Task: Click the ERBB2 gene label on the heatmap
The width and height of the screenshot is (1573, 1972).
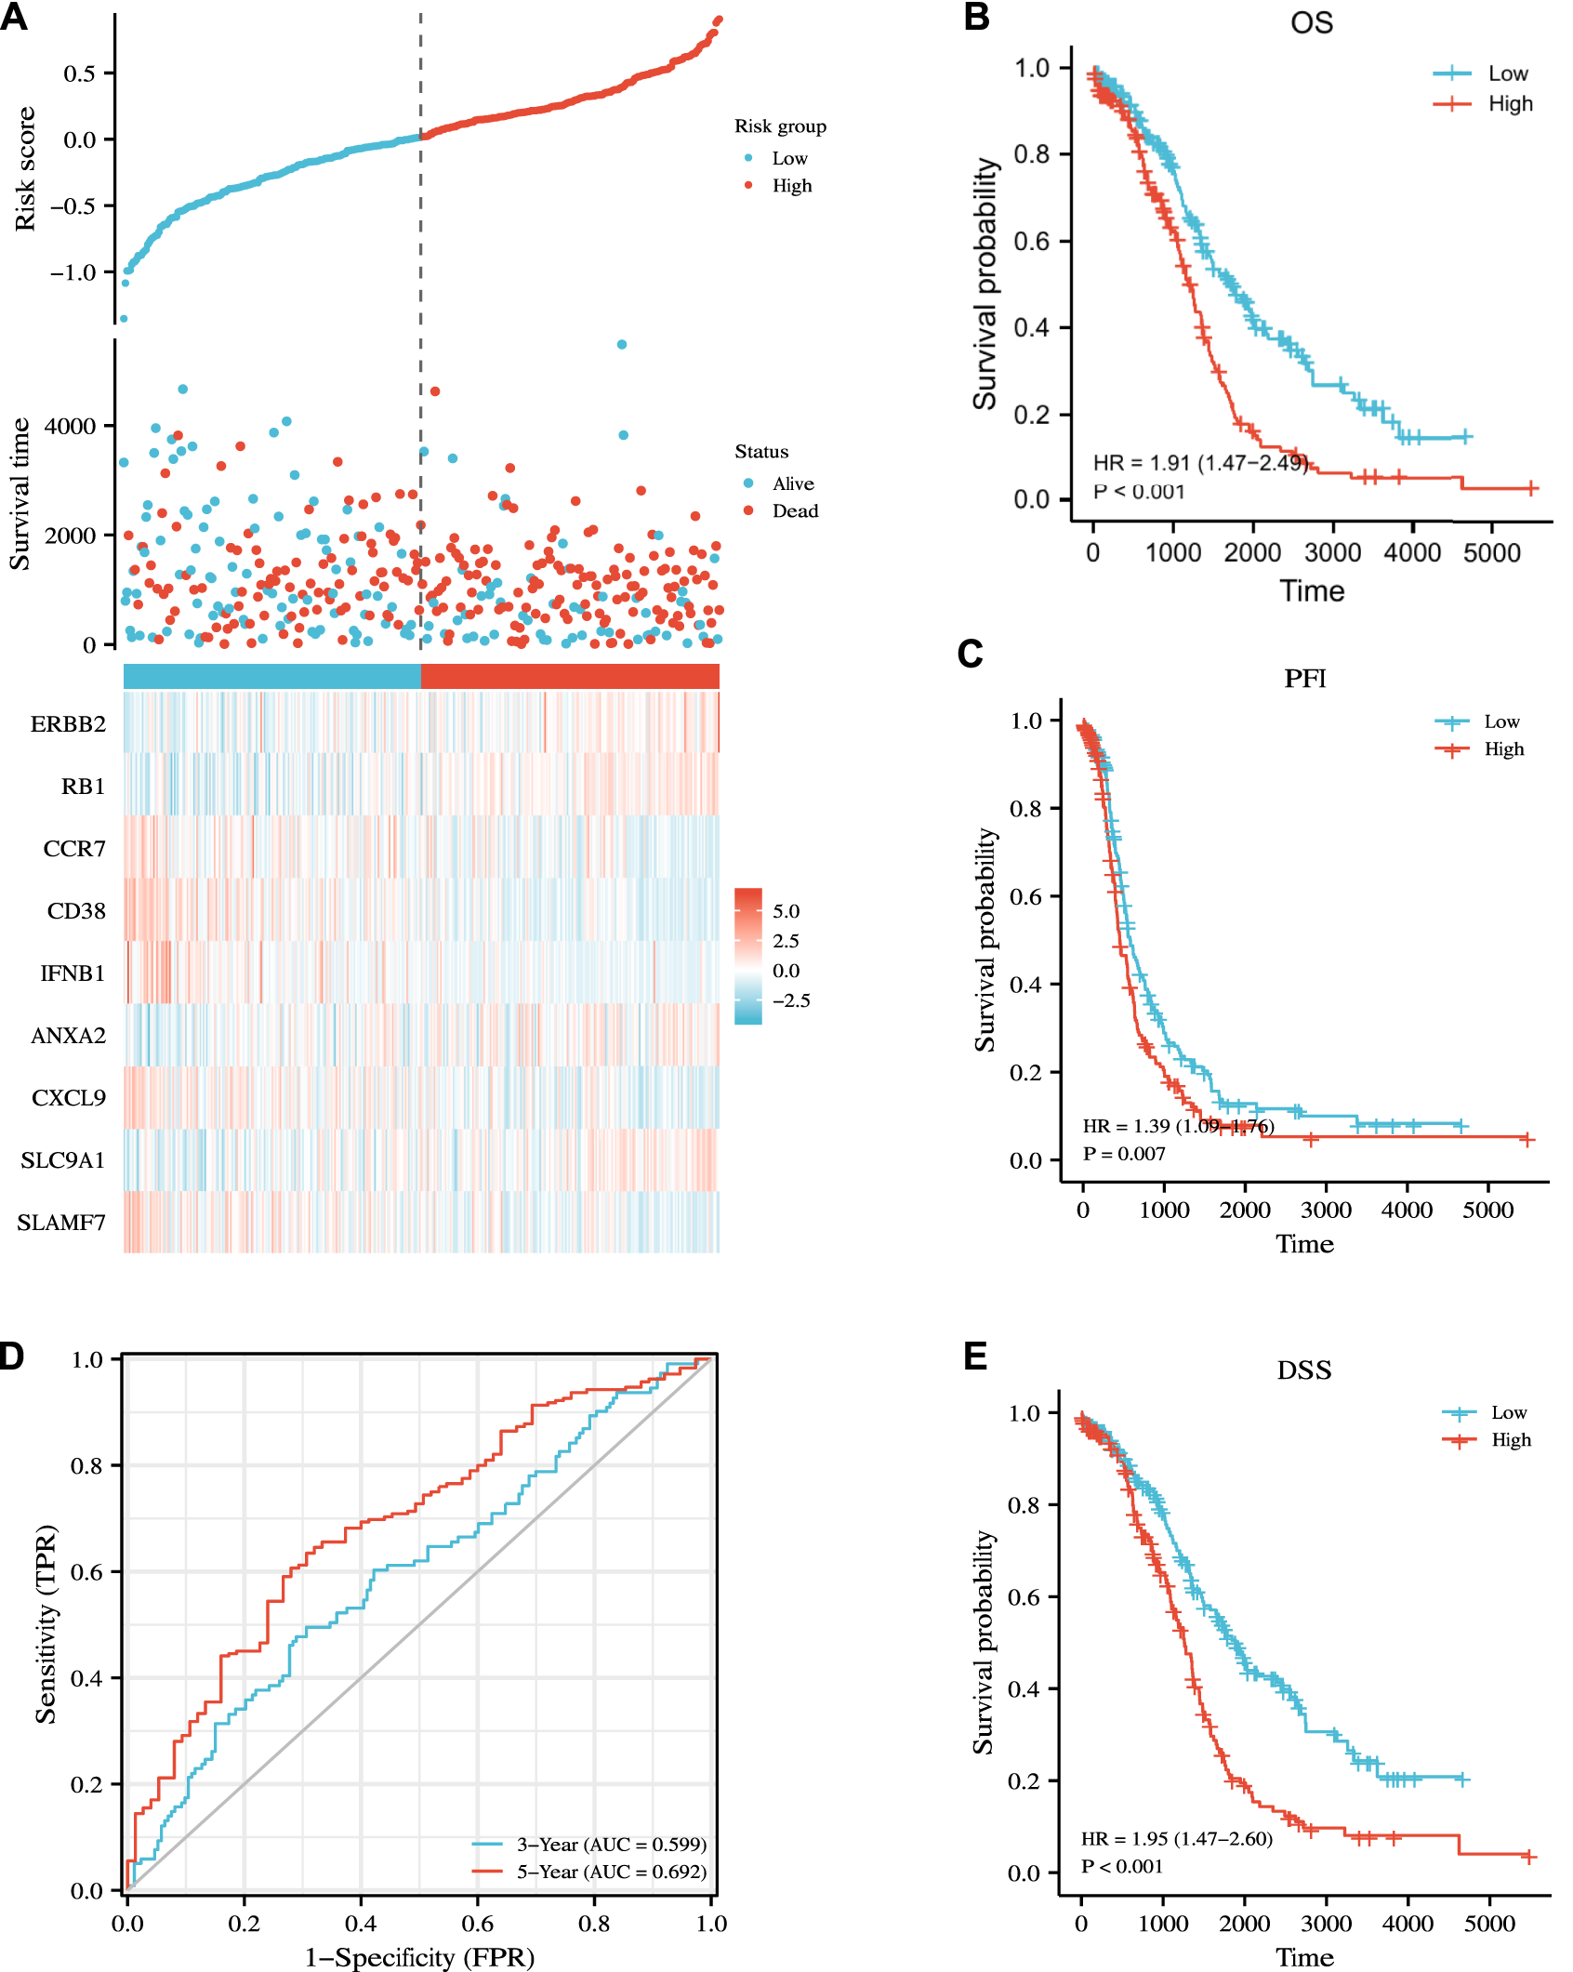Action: (68, 724)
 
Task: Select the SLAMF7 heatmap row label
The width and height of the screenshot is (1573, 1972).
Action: (61, 1223)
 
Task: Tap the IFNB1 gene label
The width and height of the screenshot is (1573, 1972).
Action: (73, 973)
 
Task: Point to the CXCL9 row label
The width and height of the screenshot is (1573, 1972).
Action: (69, 1098)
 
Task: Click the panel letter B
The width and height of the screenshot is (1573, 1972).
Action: (976, 17)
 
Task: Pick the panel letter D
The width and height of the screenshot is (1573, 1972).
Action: (11, 1357)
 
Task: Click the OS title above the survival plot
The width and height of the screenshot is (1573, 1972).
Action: (1311, 22)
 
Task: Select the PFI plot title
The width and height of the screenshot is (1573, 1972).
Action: (1304, 679)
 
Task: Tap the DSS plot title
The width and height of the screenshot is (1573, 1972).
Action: (1303, 1370)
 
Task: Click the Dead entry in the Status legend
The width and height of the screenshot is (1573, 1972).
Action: (795, 511)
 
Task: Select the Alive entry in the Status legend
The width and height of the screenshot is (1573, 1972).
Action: (792, 484)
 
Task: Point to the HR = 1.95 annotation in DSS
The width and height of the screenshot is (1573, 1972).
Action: (1176, 1839)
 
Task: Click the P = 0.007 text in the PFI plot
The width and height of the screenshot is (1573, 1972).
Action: (1123, 1154)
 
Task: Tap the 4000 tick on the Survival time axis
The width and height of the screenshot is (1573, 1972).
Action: (70, 426)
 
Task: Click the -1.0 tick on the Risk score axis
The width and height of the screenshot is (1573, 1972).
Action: (73, 272)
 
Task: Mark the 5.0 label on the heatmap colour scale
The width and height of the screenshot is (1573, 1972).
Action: (786, 911)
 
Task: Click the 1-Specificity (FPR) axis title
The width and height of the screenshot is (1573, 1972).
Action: (419, 1957)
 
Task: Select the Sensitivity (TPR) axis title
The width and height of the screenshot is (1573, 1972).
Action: (46, 1623)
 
